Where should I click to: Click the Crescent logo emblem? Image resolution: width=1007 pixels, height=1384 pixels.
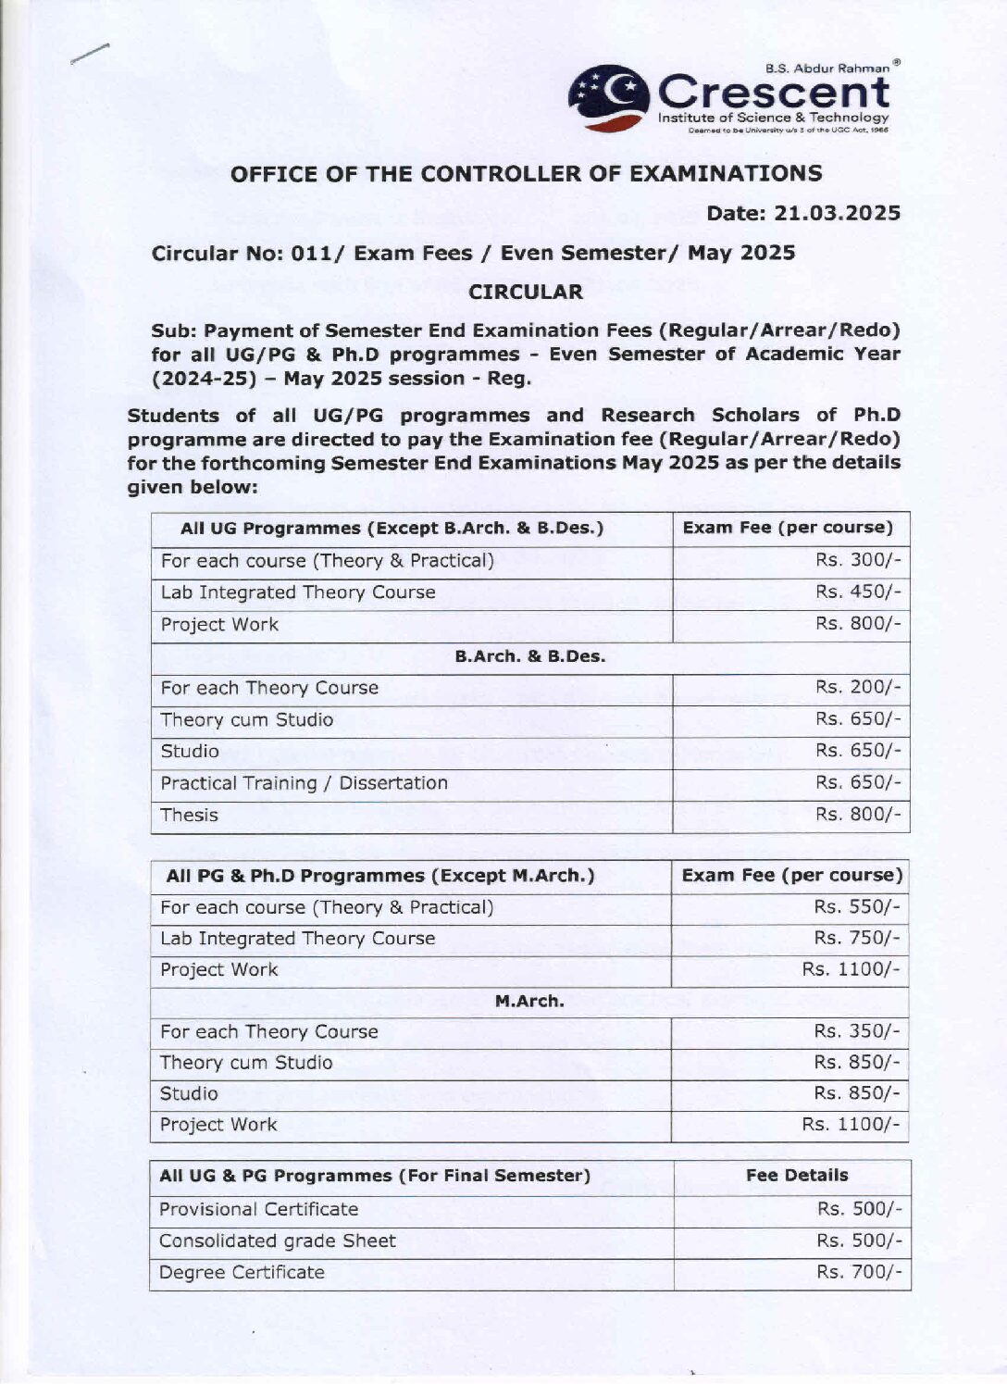(x=608, y=96)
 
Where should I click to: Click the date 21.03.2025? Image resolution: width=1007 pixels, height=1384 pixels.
(x=803, y=214)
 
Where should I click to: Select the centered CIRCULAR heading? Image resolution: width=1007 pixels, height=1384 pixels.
(x=526, y=293)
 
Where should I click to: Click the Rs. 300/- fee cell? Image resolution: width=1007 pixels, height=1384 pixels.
(x=857, y=561)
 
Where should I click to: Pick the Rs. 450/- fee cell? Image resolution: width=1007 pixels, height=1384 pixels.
(x=857, y=592)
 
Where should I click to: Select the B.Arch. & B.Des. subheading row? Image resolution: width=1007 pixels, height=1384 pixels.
(x=529, y=656)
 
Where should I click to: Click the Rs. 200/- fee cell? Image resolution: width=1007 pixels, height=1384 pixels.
(x=857, y=688)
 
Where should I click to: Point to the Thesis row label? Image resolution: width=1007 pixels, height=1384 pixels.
(x=190, y=816)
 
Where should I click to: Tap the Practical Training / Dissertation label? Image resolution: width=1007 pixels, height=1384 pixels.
(x=304, y=783)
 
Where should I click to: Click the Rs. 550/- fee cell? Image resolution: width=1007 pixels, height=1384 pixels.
(x=856, y=907)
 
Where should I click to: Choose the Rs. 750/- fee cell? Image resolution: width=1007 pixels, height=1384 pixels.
(x=856, y=939)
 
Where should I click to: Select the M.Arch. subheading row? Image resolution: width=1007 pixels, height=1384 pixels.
(x=529, y=1002)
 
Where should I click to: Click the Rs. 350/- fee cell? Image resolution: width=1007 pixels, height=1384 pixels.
(x=856, y=1032)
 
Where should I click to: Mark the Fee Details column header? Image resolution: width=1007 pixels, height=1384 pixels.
(x=797, y=1176)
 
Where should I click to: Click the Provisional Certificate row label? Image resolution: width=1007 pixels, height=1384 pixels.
(x=258, y=1210)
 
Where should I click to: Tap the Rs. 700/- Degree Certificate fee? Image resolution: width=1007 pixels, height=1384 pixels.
(x=858, y=1273)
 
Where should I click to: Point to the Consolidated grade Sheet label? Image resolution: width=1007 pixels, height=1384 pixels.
(x=277, y=1241)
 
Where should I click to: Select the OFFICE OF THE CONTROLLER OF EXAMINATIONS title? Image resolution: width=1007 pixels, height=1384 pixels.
(x=526, y=174)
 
